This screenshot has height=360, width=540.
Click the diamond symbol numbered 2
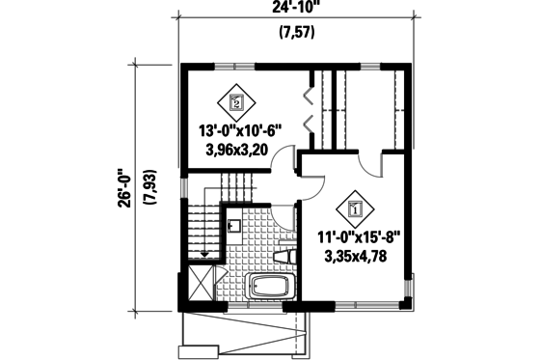[x=235, y=100]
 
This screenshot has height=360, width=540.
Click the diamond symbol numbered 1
[x=353, y=207]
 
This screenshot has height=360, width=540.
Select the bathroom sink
[x=233, y=228]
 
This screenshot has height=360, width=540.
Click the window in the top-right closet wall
[x=370, y=65]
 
